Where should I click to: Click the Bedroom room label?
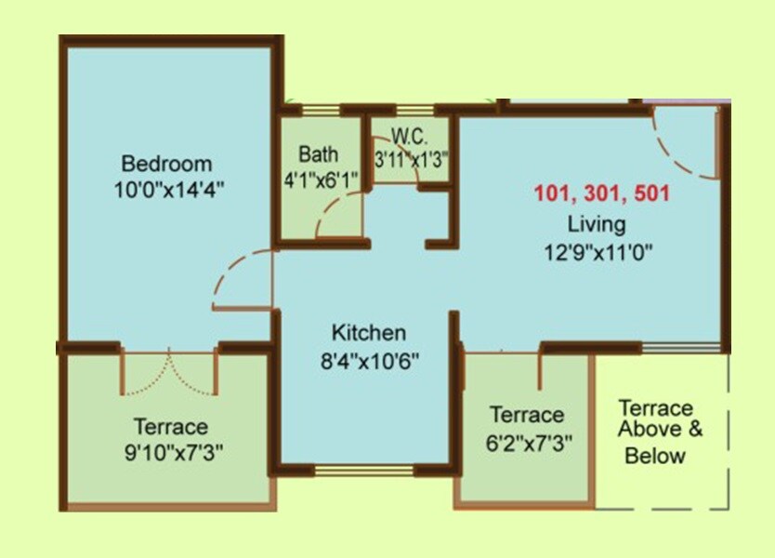(167, 165)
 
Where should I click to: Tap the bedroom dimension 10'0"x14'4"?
(167, 188)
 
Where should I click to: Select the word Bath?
(318, 154)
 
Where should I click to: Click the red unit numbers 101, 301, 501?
(601, 195)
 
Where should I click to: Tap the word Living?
(597, 224)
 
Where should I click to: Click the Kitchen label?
(369, 333)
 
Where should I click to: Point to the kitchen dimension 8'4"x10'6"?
(370, 359)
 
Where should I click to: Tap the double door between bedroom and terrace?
(169, 372)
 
